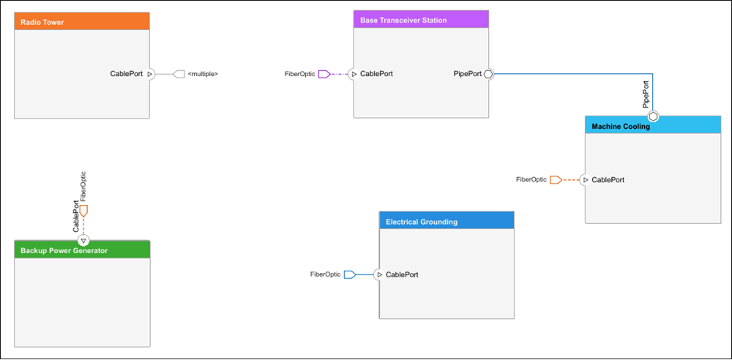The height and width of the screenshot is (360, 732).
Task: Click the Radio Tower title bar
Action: click(82, 21)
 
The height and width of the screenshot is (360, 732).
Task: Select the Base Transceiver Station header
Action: click(421, 20)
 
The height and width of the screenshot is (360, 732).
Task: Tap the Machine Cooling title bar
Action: click(653, 126)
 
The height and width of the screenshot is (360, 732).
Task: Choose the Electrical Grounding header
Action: click(447, 220)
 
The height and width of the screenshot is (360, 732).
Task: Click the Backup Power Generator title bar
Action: click(82, 250)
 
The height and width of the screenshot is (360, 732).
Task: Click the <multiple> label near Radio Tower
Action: click(203, 74)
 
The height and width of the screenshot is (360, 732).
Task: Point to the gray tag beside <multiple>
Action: click(179, 74)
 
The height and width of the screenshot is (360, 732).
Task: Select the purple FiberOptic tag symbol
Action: click(324, 74)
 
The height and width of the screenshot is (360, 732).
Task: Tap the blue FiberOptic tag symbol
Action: click(350, 274)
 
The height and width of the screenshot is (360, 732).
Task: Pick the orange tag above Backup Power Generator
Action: click(83, 211)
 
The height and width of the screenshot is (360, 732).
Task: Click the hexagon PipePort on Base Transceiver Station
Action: click(488, 74)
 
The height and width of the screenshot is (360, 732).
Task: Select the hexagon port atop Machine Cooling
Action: click(653, 116)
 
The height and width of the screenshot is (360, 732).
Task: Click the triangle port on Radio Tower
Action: click(149, 74)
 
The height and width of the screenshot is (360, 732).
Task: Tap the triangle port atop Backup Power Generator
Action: click(83, 241)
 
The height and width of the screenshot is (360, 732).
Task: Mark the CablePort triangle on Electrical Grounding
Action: click(379, 274)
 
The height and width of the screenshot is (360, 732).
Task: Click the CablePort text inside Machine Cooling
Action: click(608, 180)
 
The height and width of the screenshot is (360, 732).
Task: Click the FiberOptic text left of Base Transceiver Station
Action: click(299, 74)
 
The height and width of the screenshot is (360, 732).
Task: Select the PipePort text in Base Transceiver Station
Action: click(467, 74)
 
